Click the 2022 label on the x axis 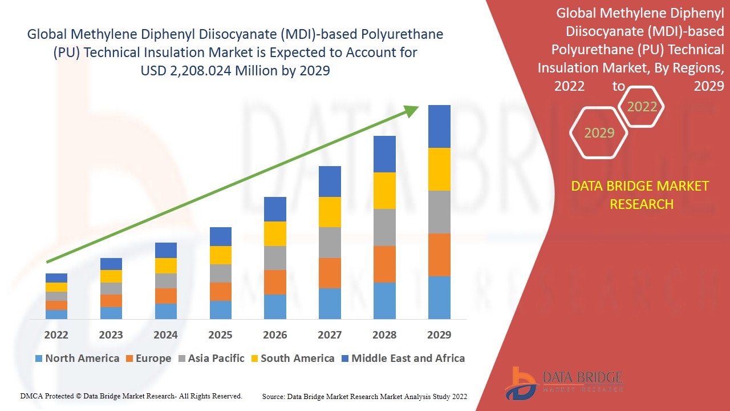[56, 335]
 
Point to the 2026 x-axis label [275, 335]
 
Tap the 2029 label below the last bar [439, 335]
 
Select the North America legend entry [77, 358]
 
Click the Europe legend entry [149, 358]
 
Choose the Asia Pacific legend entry [212, 358]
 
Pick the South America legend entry [293, 358]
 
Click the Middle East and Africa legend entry [403, 358]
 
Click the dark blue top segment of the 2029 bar [439, 127]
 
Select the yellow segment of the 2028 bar [384, 191]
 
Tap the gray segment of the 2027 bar [330, 243]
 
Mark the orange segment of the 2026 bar [275, 282]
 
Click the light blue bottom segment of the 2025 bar [221, 310]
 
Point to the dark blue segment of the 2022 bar [56, 278]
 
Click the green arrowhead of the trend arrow [411, 111]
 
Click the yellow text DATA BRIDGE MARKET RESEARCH [640, 195]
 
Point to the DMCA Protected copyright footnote [131, 396]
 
